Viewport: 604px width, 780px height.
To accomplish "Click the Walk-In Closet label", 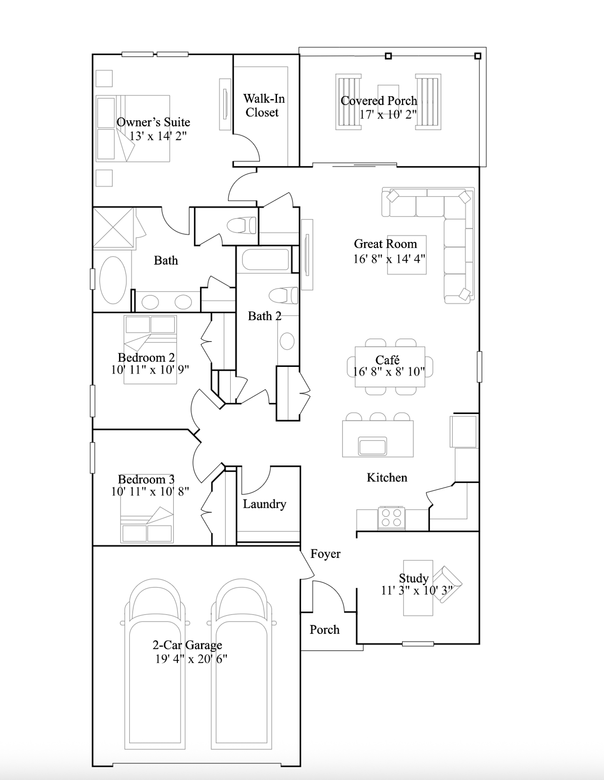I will pos(264,105).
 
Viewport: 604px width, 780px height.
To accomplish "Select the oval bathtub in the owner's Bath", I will pos(113,280).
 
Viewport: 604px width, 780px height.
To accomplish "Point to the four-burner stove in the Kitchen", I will pos(391,517).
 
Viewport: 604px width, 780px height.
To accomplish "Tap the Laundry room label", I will pos(264,504).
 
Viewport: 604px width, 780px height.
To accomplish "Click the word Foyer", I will pos(325,554).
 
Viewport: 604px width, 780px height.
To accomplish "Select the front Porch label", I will pos(324,630).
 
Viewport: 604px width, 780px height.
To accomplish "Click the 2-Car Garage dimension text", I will pos(191,659).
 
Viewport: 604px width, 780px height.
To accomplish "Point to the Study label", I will pos(413,578).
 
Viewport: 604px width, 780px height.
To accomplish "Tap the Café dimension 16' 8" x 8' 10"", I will pos(388,372).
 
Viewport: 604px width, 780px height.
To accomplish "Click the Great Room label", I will pos(385,244).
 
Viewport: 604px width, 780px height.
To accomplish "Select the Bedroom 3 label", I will pos(146,480).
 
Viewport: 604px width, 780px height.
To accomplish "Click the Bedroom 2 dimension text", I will pos(150,369).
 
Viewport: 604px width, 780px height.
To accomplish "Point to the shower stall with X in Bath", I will pos(113,228).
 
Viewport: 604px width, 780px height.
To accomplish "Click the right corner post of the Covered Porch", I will pos(478,56).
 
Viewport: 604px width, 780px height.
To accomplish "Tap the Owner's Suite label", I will pos(153,122).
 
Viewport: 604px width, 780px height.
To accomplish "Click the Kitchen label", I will pos(386,478).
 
